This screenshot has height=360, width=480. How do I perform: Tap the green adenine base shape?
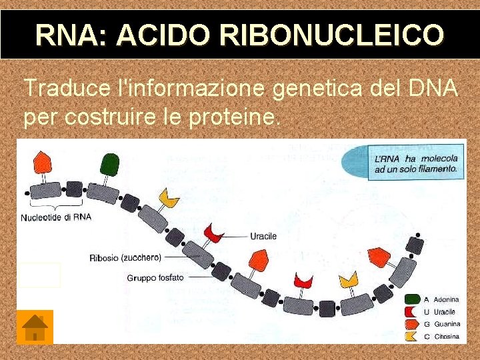pyautogui.click(x=109, y=163)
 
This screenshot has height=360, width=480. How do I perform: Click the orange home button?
pyautogui.click(x=35, y=327)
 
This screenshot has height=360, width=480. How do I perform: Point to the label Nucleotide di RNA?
pyautogui.click(x=56, y=217)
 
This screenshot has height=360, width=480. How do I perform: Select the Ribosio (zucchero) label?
pyautogui.click(x=125, y=257)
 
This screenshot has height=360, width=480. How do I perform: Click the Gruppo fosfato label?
pyautogui.click(x=155, y=277)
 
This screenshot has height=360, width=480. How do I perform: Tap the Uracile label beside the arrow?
pyautogui.click(x=263, y=236)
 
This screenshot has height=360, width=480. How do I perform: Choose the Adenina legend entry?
pyautogui.click(x=446, y=299)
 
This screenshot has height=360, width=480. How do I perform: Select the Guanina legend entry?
pyautogui.click(x=447, y=324)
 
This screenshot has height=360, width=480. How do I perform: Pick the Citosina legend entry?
pyautogui.click(x=447, y=336)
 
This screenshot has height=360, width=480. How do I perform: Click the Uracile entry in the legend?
pyautogui.click(x=445, y=311)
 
